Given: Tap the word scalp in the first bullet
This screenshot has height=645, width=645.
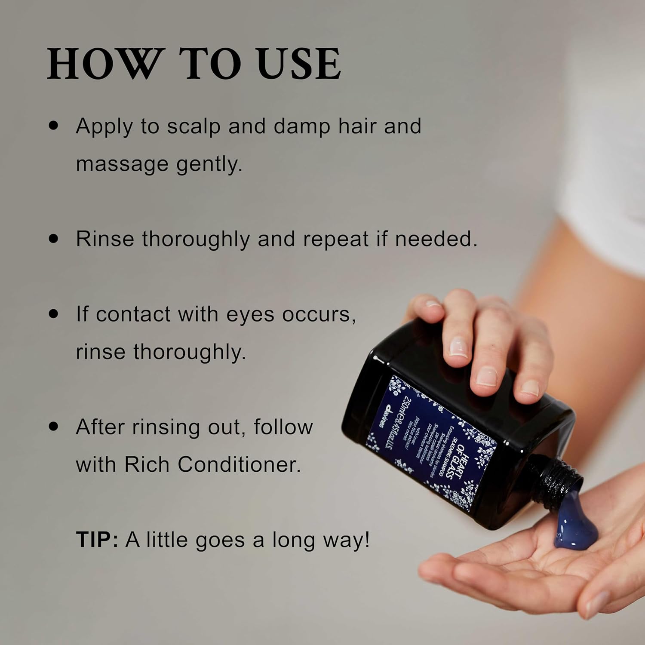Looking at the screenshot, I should coord(193,126).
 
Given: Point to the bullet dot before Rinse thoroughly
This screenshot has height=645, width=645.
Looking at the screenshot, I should coord(53,239).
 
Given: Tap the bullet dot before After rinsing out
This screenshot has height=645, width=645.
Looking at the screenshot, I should coord(53,427).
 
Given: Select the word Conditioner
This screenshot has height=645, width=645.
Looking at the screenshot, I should coord(239,464).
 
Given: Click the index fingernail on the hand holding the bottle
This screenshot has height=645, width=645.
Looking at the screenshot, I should coord(458,347).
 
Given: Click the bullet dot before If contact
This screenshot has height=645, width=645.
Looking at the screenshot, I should coord(53,314).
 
